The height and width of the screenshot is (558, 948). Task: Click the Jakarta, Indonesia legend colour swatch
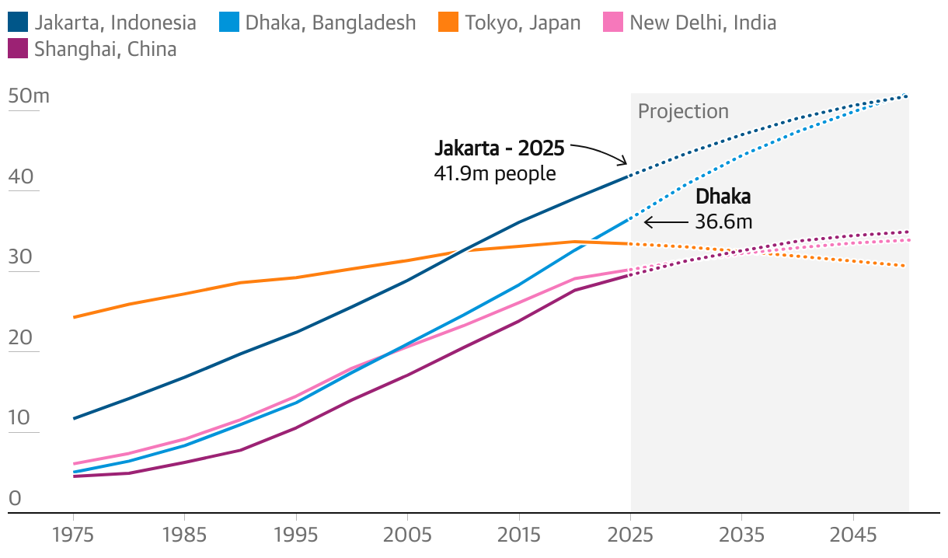coord(17,23)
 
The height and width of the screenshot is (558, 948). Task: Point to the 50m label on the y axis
coord(29,96)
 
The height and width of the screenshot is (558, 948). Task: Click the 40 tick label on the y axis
coord(22,177)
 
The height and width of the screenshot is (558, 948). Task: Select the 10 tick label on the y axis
coord(20,418)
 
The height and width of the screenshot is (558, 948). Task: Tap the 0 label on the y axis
coord(15,499)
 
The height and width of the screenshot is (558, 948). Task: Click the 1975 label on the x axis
coord(73,535)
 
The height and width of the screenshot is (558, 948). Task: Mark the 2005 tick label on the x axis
coord(407,535)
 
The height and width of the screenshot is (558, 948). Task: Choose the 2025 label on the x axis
coord(630,535)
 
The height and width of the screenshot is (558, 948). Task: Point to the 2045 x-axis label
coord(853,535)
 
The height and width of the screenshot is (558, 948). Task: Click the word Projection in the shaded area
coord(683,111)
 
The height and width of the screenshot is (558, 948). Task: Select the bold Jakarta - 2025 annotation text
coord(499,148)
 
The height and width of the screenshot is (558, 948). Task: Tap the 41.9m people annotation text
coord(494,173)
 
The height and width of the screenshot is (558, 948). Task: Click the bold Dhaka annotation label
coord(723,197)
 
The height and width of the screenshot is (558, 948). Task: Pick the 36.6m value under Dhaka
coord(723,221)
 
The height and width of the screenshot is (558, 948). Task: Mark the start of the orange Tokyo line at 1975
coord(73,317)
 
